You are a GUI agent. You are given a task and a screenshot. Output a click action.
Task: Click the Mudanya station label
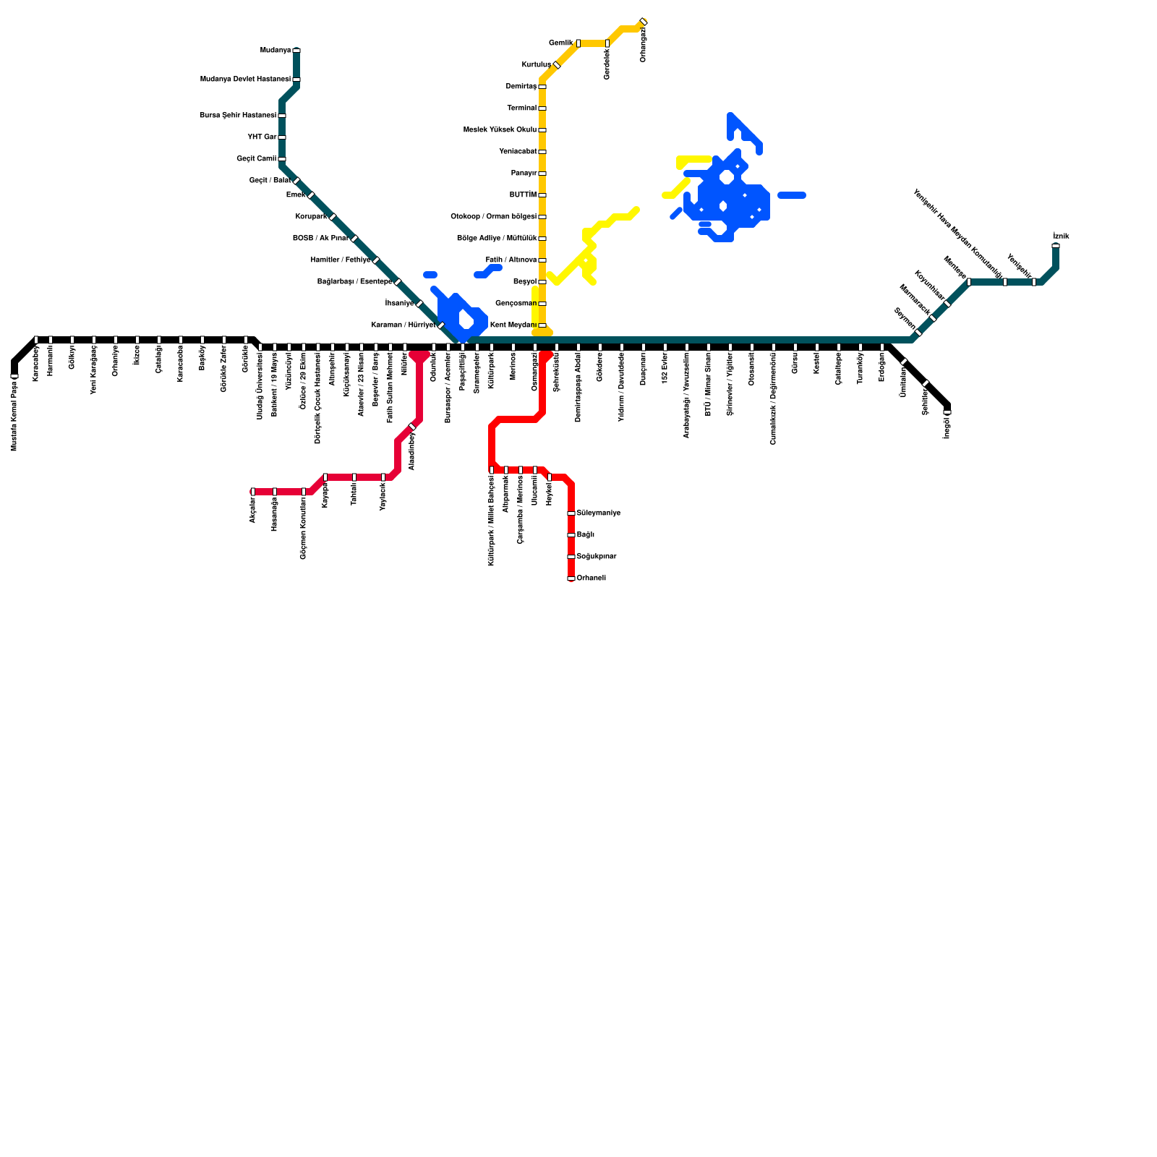[275, 51]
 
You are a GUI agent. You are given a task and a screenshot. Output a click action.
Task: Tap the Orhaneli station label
[591, 578]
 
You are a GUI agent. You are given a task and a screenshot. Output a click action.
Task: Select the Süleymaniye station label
[598, 513]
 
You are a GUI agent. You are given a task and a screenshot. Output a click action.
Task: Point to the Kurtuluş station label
[536, 65]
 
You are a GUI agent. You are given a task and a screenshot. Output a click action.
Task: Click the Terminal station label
[521, 108]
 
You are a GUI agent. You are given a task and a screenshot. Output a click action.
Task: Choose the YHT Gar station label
[262, 137]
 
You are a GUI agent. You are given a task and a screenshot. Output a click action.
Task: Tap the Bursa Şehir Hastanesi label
[238, 116]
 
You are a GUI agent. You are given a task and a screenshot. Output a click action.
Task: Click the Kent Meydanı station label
[513, 325]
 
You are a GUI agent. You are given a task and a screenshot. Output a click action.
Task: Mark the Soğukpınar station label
[596, 557]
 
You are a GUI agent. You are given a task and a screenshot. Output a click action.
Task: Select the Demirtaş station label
[521, 87]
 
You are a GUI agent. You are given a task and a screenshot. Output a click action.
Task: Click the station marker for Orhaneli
[571, 578]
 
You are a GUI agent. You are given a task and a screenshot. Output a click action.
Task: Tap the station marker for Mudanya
[296, 51]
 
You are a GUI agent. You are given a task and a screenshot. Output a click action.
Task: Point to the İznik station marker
[1056, 246]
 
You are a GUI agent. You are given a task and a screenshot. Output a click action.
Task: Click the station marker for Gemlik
[578, 43]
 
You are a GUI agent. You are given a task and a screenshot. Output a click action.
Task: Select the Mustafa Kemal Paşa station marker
[14, 376]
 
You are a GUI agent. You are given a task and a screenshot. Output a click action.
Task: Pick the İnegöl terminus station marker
[947, 412]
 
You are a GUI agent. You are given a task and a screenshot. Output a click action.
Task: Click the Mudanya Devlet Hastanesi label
[245, 80]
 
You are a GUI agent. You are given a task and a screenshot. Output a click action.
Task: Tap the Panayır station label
[524, 174]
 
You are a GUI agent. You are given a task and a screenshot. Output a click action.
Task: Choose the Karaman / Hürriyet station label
[403, 325]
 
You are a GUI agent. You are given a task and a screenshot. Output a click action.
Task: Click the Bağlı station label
[585, 535]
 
